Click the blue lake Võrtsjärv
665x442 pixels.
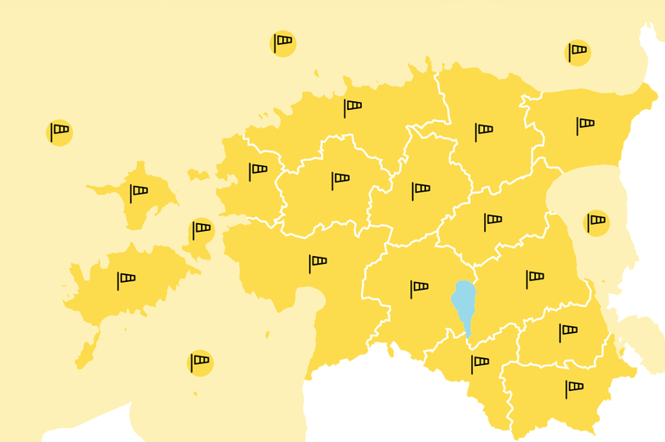pos(464,303)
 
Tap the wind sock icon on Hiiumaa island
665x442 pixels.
pos(138,192)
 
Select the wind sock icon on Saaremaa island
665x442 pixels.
pos(126,279)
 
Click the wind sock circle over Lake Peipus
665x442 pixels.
pos(597,222)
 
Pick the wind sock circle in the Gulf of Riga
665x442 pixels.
pos(200,362)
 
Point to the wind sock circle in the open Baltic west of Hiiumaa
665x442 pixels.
pos(59,132)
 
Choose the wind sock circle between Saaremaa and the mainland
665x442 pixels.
pos(202,230)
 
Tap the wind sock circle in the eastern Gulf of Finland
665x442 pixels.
pos(578,52)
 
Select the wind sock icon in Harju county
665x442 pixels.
pos(352,107)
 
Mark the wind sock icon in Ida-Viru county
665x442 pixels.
pos(585,125)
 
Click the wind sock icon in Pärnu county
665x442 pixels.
pos(318,262)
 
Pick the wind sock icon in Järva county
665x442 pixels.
pos(421,189)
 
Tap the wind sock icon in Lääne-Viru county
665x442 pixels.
pos(483,131)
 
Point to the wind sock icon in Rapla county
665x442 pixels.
pos(340,180)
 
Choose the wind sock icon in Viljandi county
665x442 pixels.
pos(419,287)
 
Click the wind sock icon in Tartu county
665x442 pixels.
pos(534,279)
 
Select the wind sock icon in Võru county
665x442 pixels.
pos(573,388)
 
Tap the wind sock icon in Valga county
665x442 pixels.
pos(479,363)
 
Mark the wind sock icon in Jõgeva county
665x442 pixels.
pos(492,221)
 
